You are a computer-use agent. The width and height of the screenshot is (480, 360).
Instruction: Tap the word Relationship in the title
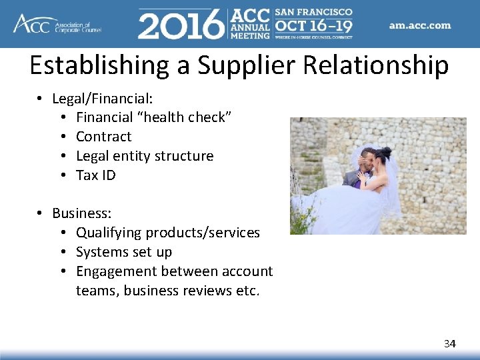[x=383, y=65]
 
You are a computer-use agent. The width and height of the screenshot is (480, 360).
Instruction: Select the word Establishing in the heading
[x=104, y=65]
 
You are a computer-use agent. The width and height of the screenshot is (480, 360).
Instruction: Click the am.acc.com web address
[x=420, y=25]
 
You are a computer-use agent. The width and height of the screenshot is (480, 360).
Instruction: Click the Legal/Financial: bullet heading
[x=103, y=99]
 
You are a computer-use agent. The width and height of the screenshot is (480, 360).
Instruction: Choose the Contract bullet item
[x=103, y=137]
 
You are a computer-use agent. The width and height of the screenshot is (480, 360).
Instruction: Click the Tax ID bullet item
[x=95, y=175]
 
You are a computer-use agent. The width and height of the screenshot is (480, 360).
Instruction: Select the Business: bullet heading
[x=81, y=213]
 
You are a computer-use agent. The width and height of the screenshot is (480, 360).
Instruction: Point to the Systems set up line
[x=124, y=252]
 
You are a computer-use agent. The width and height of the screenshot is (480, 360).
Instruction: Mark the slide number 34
[x=450, y=343]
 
